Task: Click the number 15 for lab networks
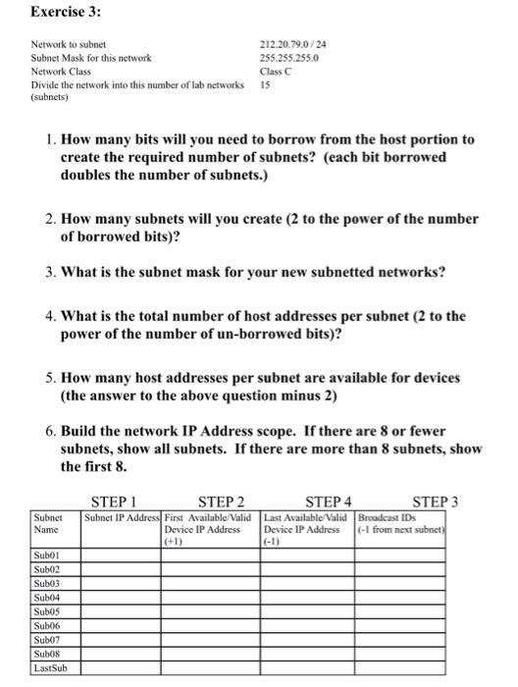(264, 85)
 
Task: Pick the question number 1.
(50, 140)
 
